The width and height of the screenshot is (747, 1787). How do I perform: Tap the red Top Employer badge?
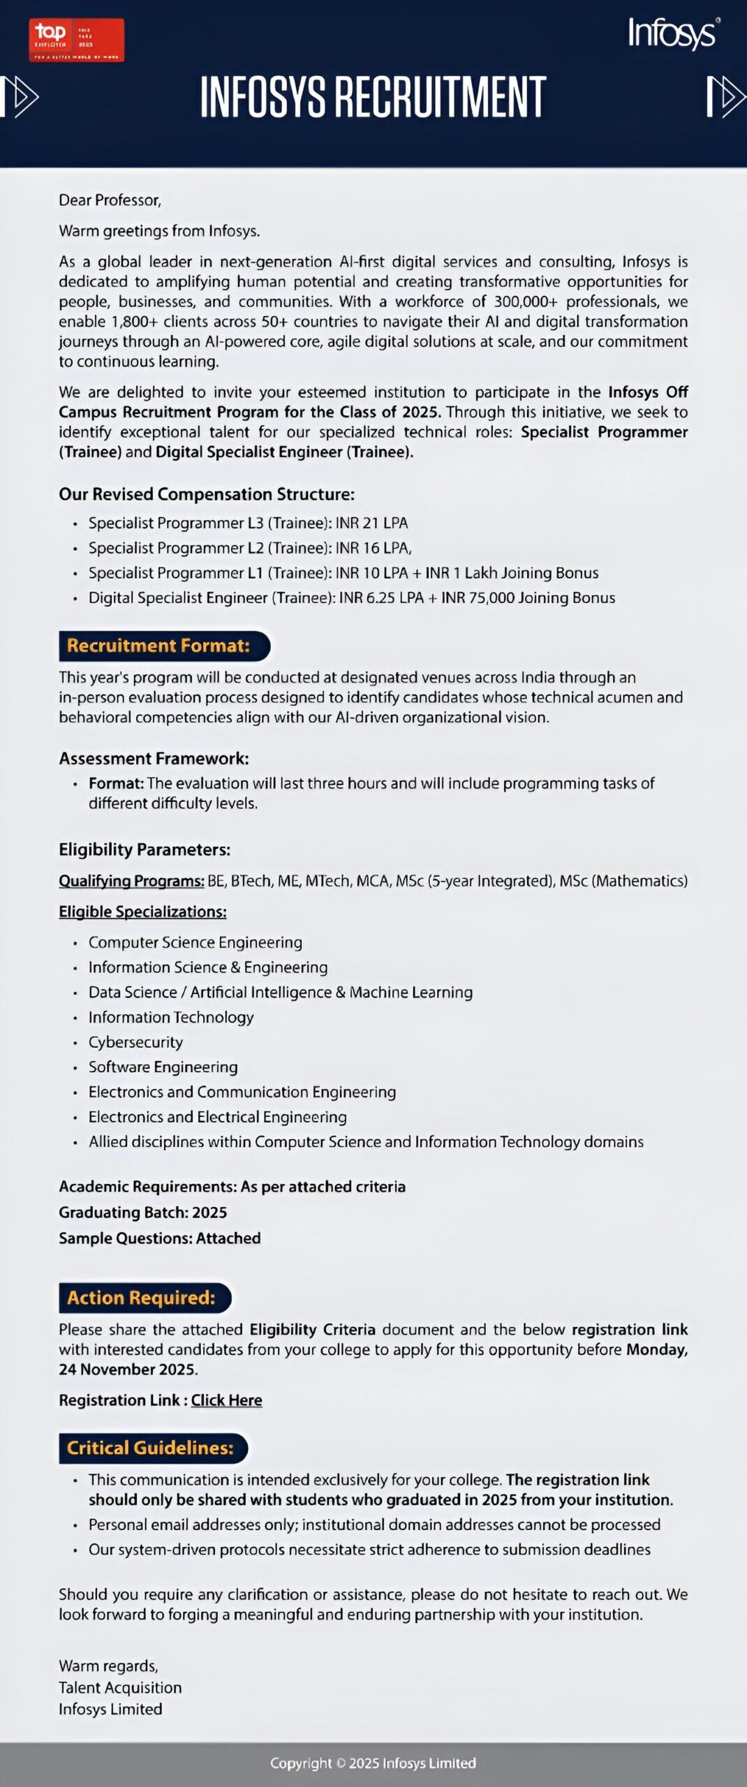click(x=77, y=40)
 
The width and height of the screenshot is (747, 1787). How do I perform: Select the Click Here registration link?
click(x=226, y=1400)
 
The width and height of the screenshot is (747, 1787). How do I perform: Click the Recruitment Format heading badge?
click(x=164, y=646)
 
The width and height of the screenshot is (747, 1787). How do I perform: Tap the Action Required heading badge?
click(x=145, y=1298)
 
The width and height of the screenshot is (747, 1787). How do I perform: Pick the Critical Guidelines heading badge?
click(x=153, y=1448)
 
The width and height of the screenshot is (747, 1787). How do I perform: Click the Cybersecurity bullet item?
click(x=135, y=1042)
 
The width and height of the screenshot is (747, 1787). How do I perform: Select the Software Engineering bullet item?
click(x=163, y=1067)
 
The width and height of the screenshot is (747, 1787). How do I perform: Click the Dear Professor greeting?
click(x=110, y=200)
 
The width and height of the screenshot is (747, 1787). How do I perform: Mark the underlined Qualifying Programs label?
click(x=131, y=881)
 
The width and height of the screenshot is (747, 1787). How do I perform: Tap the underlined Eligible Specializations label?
click(x=142, y=912)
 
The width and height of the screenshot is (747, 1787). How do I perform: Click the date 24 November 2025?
click(x=128, y=1369)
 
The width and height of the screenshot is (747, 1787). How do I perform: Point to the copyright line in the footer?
click(x=373, y=1763)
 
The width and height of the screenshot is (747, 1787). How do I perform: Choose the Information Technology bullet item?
click(x=171, y=1017)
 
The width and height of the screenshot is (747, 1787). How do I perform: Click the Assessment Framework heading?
click(x=154, y=758)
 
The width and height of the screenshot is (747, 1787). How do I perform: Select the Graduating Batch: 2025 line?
click(x=142, y=1212)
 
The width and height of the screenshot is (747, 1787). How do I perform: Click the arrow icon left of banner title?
click(x=21, y=96)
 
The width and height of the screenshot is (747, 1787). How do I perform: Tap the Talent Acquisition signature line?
click(x=120, y=1687)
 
